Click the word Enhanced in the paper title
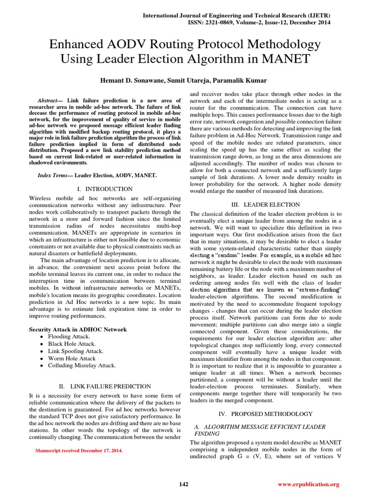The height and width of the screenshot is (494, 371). point(76,45)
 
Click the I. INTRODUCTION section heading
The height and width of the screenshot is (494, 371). point(104,189)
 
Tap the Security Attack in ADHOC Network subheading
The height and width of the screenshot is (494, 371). point(78,329)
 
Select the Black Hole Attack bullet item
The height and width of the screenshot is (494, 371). point(71,344)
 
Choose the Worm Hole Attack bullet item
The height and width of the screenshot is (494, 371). point(71,358)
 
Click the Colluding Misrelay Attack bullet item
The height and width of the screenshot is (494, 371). point(82,366)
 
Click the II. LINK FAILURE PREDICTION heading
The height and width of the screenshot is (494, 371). point(104,386)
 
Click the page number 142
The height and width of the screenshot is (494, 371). point(184,484)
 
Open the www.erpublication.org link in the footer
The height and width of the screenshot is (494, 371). point(309,484)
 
